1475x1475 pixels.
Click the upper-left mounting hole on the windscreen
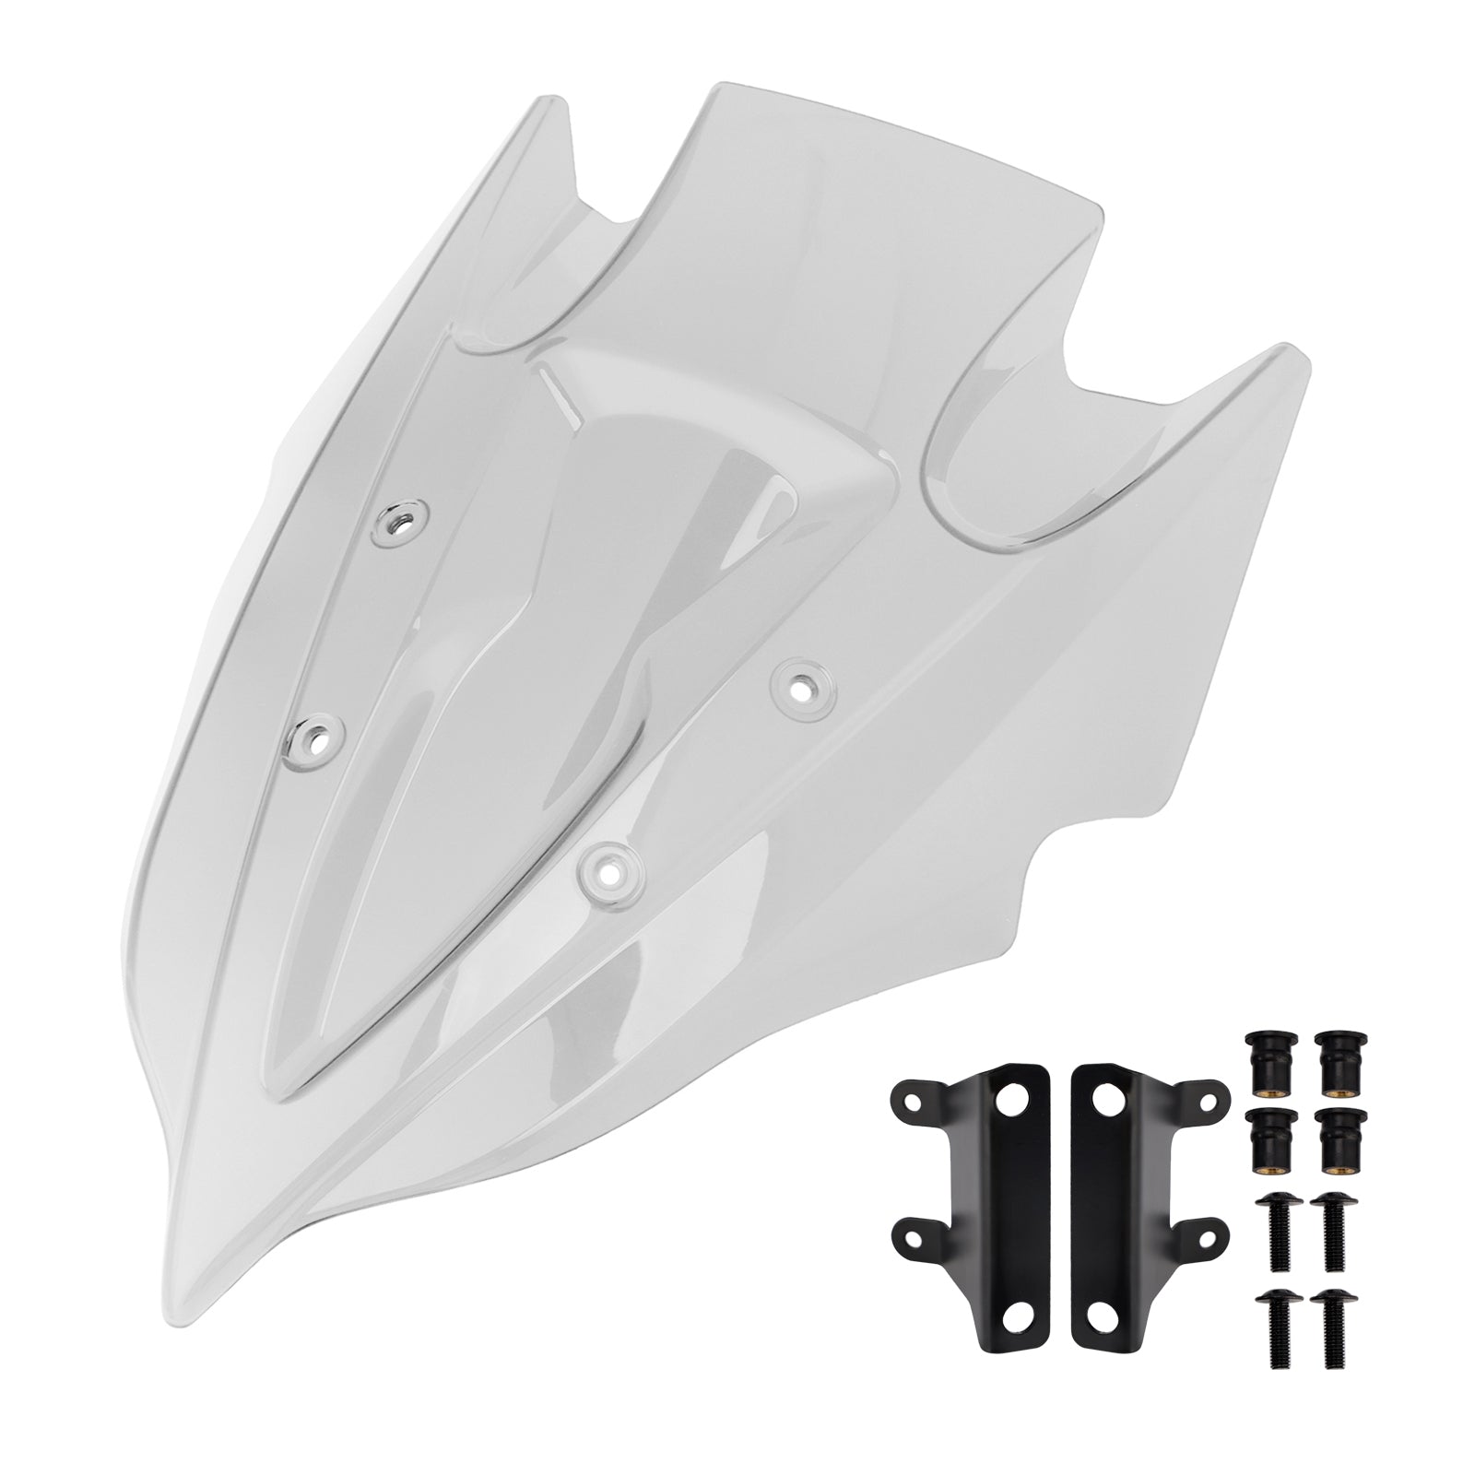398,523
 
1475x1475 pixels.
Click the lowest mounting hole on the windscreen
608,866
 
